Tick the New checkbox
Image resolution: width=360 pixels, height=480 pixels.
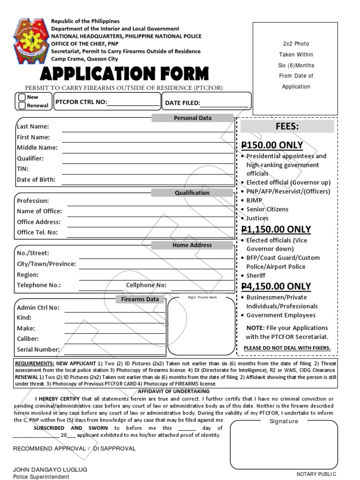(22, 97)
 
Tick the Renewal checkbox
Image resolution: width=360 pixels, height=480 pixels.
(22, 105)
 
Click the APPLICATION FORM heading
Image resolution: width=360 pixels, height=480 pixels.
(124, 74)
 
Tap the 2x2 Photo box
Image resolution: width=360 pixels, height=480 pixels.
(296, 65)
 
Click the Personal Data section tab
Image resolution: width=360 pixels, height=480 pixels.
(192, 118)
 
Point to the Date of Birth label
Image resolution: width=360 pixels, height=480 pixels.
(36, 180)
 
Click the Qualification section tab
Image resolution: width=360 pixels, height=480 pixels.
(192, 193)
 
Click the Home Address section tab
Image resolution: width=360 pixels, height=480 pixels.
(192, 245)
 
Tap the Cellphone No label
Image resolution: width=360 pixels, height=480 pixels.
(146, 285)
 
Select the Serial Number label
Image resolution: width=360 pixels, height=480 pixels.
(38, 349)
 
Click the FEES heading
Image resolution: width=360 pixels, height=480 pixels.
(287, 127)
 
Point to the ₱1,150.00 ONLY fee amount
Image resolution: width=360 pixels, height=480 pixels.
(276, 229)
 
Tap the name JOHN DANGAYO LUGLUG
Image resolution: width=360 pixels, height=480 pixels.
(50, 469)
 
